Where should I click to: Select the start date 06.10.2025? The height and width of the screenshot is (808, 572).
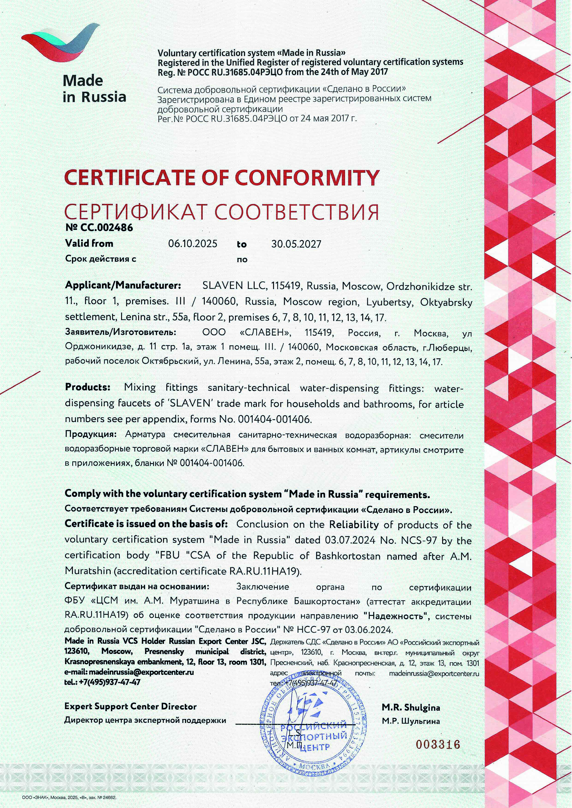point(193,244)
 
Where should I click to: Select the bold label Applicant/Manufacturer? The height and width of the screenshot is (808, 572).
point(123,285)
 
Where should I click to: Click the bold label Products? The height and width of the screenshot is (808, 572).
point(88,387)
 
